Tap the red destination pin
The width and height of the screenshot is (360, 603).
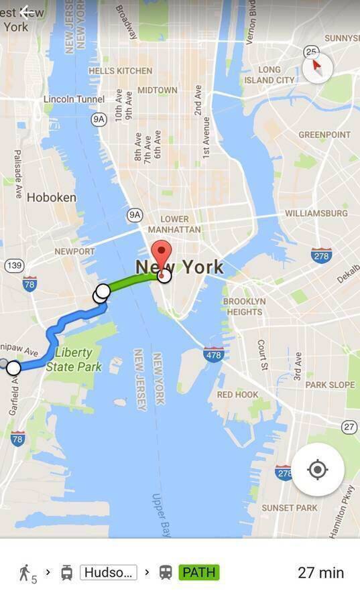(162, 255)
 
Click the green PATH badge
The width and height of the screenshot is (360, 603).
(198, 572)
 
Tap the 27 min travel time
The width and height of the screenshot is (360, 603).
(320, 573)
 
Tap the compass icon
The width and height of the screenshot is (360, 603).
(316, 68)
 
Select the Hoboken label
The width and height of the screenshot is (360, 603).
(52, 198)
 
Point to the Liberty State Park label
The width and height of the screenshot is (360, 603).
(78, 360)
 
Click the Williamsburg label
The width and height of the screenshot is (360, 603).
(316, 213)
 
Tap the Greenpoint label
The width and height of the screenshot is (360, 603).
(324, 135)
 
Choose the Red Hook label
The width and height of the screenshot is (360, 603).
(238, 395)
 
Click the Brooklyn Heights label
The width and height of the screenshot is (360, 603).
(244, 306)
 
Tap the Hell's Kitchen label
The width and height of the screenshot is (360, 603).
(121, 70)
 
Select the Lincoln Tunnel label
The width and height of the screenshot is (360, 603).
(74, 99)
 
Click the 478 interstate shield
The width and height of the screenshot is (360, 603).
(213, 354)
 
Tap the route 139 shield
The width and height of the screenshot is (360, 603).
(13, 266)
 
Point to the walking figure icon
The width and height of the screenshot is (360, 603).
(25, 572)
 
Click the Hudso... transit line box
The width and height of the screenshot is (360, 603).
(109, 572)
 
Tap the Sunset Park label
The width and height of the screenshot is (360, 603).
(290, 508)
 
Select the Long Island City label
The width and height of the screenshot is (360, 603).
(269, 74)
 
